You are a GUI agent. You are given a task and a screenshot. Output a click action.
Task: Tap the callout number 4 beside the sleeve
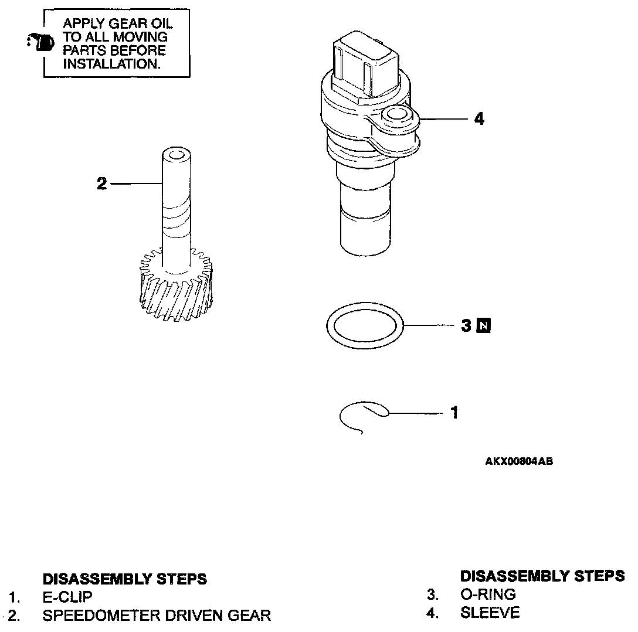(479, 119)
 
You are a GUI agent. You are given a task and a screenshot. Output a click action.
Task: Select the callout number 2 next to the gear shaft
(102, 184)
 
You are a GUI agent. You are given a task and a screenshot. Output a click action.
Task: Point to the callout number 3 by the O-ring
(466, 325)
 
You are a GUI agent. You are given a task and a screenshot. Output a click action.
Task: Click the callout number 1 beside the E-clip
(454, 413)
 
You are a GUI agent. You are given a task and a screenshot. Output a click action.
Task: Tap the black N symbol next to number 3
(484, 325)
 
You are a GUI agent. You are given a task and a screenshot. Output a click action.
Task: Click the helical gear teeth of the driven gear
(176, 293)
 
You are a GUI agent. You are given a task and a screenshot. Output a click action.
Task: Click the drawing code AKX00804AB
(519, 461)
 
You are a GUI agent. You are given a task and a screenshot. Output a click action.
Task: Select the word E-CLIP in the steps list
(67, 597)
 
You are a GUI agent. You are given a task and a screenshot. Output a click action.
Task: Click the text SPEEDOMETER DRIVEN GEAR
(157, 616)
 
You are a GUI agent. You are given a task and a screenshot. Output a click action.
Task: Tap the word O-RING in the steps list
(488, 594)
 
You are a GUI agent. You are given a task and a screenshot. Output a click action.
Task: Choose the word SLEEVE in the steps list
(490, 613)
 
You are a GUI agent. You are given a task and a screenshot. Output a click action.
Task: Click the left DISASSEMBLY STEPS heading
(125, 579)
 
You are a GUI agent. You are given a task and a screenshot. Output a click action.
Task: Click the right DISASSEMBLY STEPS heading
(542, 576)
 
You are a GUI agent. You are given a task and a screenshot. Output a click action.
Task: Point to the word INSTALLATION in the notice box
(111, 64)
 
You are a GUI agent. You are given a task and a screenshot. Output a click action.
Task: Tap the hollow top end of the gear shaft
(176, 155)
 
